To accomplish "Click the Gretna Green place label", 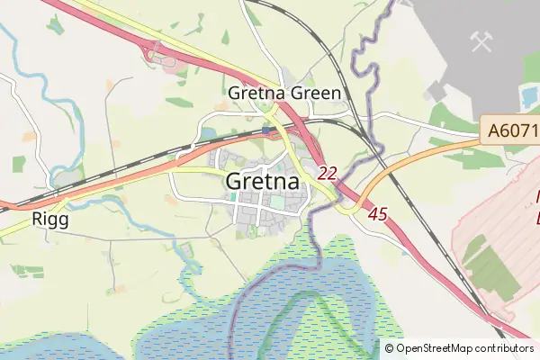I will pos(284,94).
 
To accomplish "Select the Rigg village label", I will pos(49,218).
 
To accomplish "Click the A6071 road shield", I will pos(511,131).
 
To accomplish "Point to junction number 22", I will pos(328,173).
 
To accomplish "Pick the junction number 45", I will pos(378,214).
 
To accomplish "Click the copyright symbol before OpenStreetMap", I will pos(390,348).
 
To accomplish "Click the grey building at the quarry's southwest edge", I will pos(438,92).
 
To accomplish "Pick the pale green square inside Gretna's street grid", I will pos(277,203).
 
